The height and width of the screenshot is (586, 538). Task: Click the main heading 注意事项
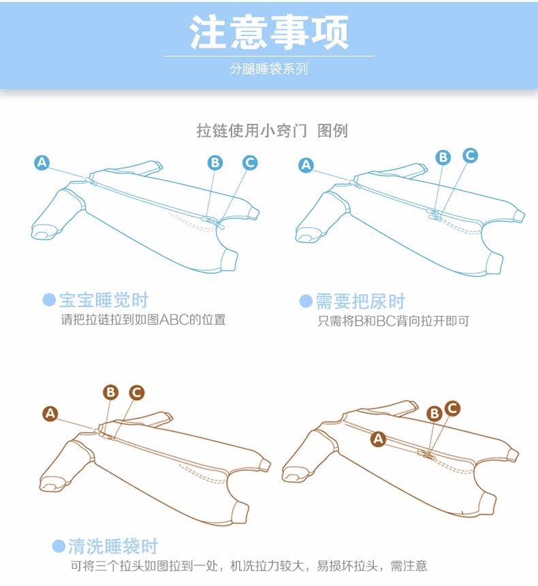click(x=269, y=32)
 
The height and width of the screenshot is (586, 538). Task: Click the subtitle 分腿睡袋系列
click(x=269, y=69)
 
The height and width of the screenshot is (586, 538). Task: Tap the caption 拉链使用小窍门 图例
click(x=272, y=131)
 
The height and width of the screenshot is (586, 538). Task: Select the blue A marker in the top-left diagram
click(x=42, y=163)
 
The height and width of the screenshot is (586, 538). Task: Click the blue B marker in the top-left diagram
click(x=215, y=163)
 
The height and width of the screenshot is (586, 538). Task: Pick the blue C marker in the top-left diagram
click(x=250, y=163)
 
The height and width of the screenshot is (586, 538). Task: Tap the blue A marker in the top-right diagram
click(x=306, y=165)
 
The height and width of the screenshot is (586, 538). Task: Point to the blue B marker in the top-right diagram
click(x=443, y=157)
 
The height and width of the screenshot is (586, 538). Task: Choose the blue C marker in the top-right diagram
click(x=470, y=155)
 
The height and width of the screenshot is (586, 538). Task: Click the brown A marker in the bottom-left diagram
click(x=50, y=414)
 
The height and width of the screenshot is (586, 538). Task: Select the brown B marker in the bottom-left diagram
click(x=111, y=393)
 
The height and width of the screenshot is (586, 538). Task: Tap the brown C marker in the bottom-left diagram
click(x=137, y=393)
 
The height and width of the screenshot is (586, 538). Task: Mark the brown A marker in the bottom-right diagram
click(x=379, y=438)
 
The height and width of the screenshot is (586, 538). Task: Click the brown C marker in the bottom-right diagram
click(x=452, y=408)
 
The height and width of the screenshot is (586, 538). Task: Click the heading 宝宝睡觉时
click(x=104, y=300)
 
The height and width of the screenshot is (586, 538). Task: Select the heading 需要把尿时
click(x=360, y=302)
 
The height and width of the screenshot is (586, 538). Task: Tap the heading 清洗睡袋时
click(x=113, y=547)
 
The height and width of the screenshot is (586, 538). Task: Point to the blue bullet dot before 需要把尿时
click(x=306, y=302)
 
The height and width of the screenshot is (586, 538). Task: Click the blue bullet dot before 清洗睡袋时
click(x=59, y=547)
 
